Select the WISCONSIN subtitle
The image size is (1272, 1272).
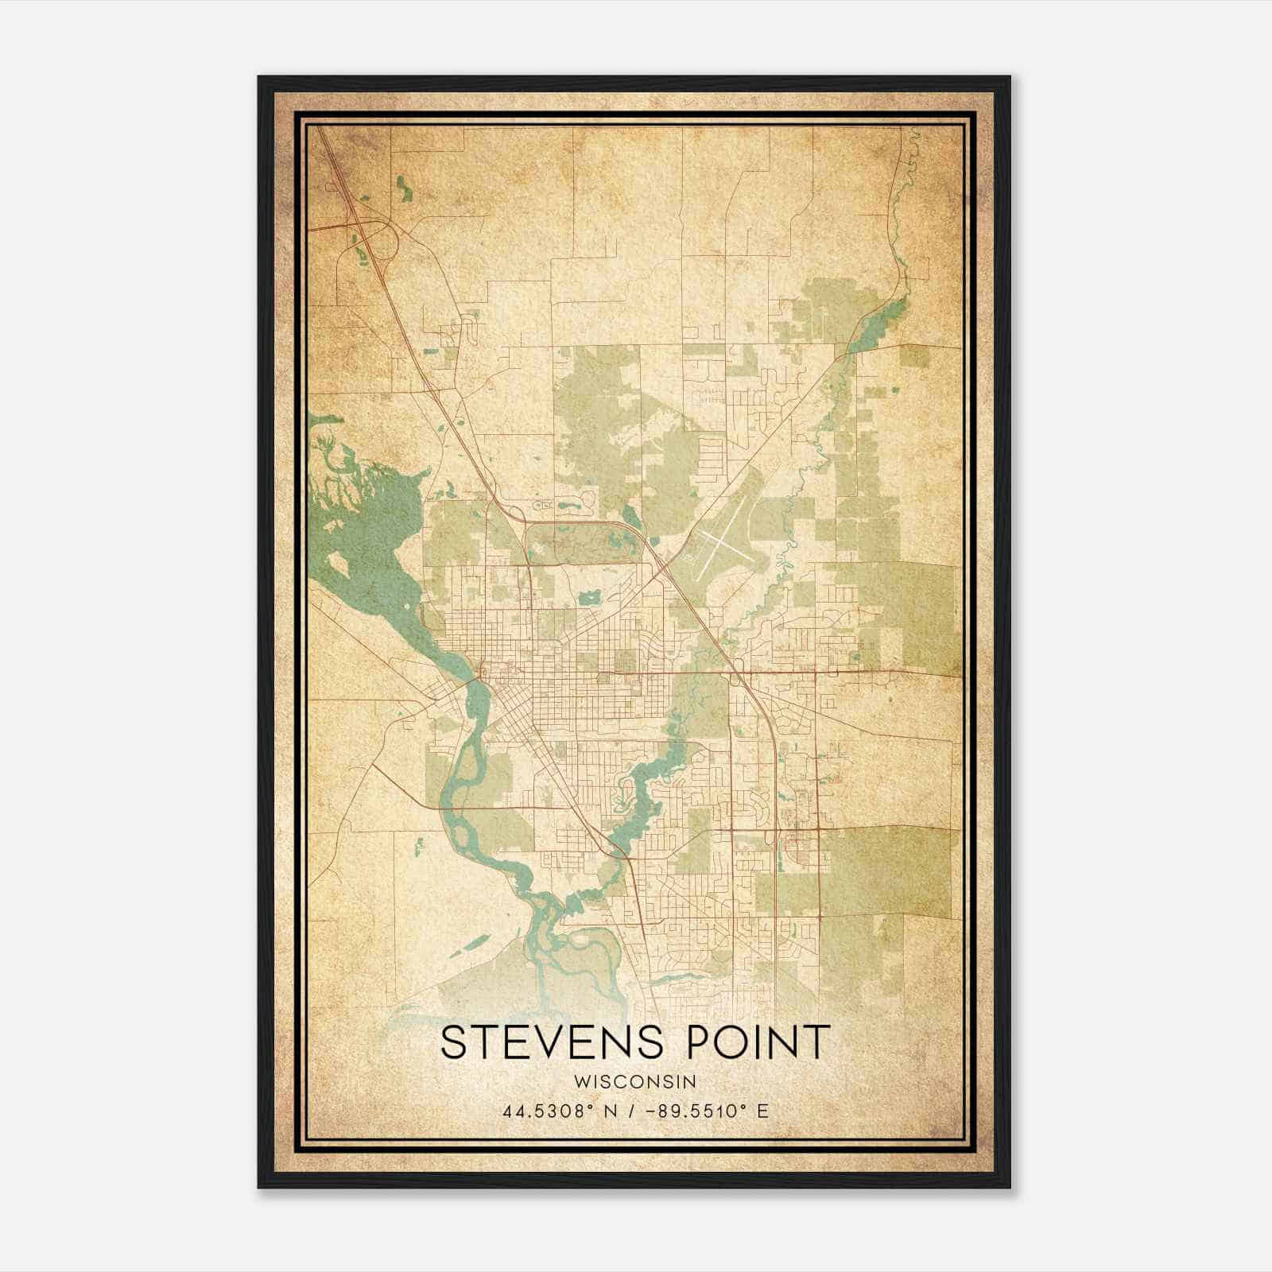tap(636, 1082)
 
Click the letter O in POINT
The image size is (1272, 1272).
tap(716, 1042)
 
